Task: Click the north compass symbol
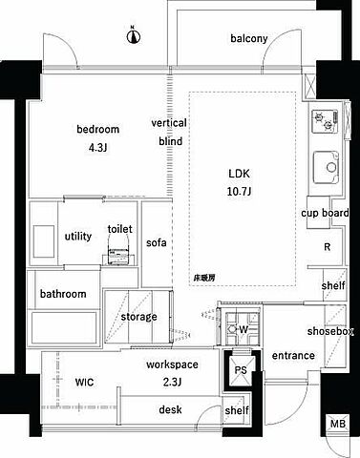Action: pos(134,36)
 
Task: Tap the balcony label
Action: pos(249,38)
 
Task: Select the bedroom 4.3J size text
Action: pos(98,148)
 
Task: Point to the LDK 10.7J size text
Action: pos(240,192)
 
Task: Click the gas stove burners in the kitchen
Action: pos(325,121)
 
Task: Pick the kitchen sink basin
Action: pos(326,167)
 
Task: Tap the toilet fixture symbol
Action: pos(119,252)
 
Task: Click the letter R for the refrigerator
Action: pos(327,247)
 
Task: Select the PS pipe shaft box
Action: pos(241,370)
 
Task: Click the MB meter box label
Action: pos(338,424)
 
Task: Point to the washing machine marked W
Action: pos(243,329)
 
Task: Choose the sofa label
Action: pos(157,242)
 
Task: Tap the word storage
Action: pos(138,317)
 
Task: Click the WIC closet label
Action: pos(84,382)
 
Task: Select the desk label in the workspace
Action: pos(170,409)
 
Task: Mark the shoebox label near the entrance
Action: pos(330,331)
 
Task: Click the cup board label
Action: pos(325,213)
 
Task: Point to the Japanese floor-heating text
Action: pos(204,278)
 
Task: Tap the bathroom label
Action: pos(63,294)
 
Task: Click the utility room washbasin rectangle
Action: pos(44,241)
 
